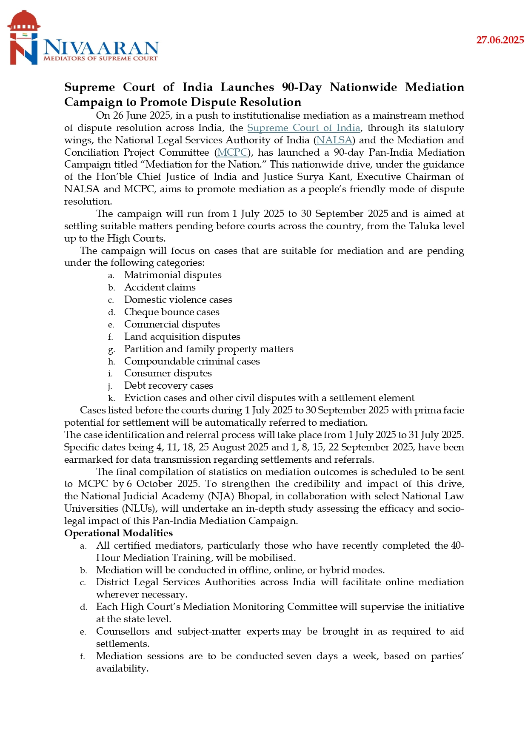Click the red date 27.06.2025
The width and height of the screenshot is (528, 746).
point(500,40)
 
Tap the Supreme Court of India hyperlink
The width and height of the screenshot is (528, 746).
point(304,128)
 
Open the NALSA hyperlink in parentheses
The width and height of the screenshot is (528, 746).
point(334,140)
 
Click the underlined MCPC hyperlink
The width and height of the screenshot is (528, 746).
point(233,153)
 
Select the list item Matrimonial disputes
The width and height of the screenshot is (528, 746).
point(173,275)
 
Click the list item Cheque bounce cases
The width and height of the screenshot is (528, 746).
point(171,312)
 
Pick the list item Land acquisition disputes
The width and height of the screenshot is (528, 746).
point(182,337)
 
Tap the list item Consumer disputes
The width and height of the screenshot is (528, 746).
point(168,373)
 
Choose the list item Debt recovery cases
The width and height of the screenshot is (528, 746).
point(168,386)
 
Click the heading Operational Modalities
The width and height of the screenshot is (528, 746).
point(118,533)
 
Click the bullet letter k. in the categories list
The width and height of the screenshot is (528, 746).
point(111,399)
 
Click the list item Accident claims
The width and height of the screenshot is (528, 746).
point(160,288)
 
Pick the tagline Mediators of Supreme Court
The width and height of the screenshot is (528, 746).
point(100,58)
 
